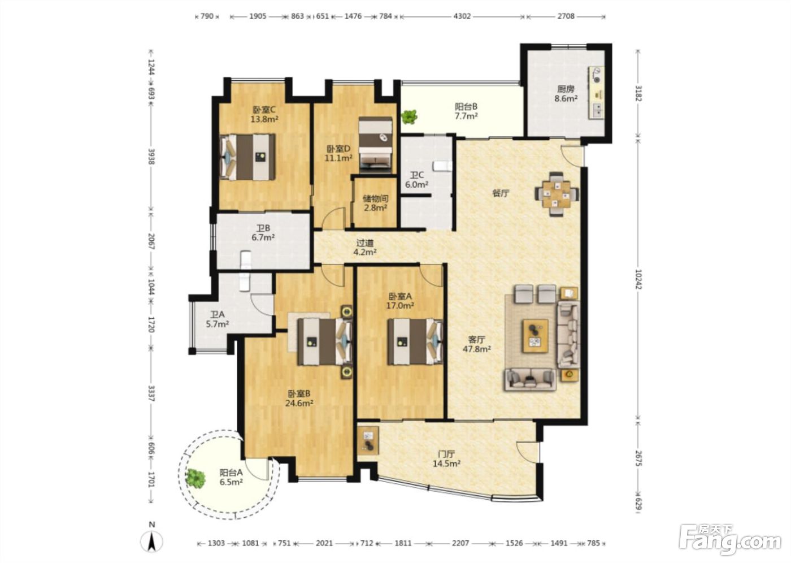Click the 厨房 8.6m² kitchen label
pos(566,94)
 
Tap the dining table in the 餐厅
pos(557,194)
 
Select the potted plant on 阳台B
pos(409,116)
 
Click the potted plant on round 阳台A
pos(195,478)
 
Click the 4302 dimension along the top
pos(462,16)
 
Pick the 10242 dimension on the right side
pos(638,279)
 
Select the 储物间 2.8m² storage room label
pos(375,203)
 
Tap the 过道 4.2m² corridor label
pos(365,247)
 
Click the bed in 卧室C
pos(247,157)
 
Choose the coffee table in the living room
pos(536,336)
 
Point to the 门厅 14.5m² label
pos(447,459)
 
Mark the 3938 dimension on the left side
pos(151,157)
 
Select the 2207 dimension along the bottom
pos(460,543)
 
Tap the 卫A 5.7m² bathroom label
pos(218,319)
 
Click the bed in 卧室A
pos(415,341)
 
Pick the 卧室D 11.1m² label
pos(338,153)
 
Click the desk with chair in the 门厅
pos(368,440)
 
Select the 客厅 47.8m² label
pos(477,344)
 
